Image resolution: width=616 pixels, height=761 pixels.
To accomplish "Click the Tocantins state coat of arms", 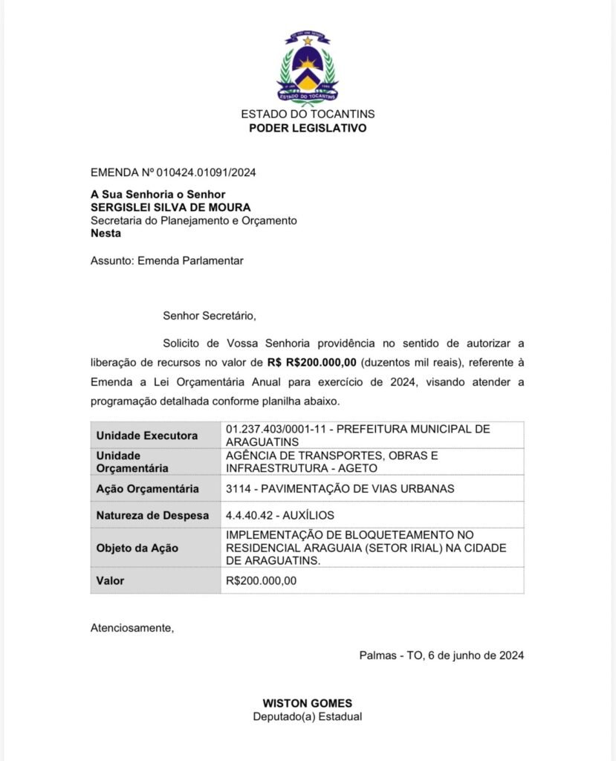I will click(x=308, y=68).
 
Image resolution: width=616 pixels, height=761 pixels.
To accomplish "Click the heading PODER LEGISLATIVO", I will click(x=308, y=128).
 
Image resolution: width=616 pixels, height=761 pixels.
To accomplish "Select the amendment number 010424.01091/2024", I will click(x=206, y=173).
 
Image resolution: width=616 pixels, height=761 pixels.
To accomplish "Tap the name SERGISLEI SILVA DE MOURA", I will click(x=170, y=207).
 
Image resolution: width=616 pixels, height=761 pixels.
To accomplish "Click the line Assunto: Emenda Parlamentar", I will click(x=167, y=261).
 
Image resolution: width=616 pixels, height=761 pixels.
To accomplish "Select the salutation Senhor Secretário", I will click(x=210, y=315).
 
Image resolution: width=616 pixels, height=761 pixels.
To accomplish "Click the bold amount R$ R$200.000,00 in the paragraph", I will click(x=312, y=363).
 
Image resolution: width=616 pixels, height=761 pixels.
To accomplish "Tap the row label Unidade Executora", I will click(x=147, y=435).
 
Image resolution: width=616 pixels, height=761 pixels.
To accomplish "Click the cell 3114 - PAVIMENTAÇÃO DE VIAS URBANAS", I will click(x=340, y=488).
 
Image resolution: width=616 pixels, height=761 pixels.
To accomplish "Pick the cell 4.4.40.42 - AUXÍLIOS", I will click(x=280, y=515).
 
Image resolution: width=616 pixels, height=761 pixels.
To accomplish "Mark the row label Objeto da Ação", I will click(x=137, y=548).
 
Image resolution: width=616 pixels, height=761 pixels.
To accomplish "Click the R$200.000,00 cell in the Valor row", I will click(x=261, y=580).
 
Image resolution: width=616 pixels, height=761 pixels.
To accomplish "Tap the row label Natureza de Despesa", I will click(x=153, y=515).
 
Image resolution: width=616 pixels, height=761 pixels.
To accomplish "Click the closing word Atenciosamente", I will click(x=132, y=627).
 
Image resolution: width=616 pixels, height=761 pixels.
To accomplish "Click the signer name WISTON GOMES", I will click(x=308, y=703).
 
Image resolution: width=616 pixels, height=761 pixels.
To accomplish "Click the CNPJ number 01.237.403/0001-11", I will click(x=273, y=429).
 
